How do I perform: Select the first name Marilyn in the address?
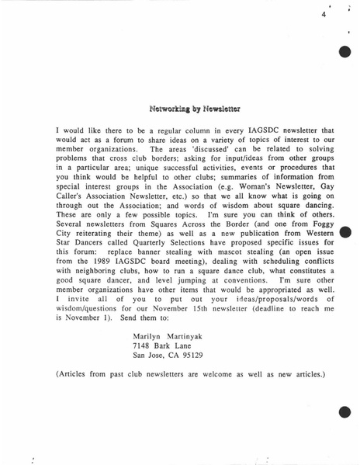click(150, 335)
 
